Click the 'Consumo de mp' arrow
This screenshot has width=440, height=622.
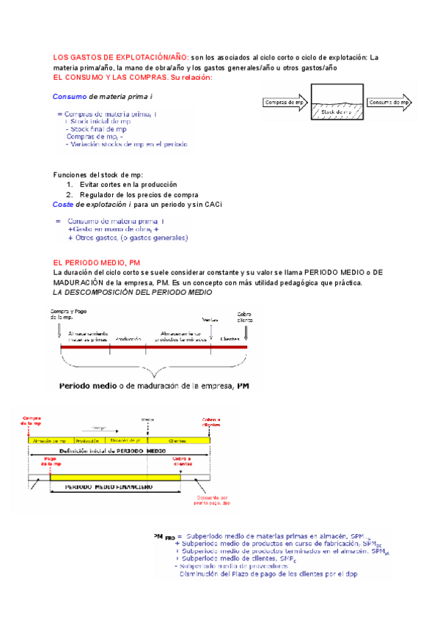388,103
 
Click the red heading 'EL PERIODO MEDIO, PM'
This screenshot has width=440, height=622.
97,263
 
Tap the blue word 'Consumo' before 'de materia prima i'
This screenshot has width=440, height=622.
70,97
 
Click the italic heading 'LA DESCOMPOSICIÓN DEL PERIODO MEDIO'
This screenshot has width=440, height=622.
133,292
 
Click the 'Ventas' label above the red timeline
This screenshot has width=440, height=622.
210,320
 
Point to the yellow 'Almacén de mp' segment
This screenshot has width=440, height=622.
49,440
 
